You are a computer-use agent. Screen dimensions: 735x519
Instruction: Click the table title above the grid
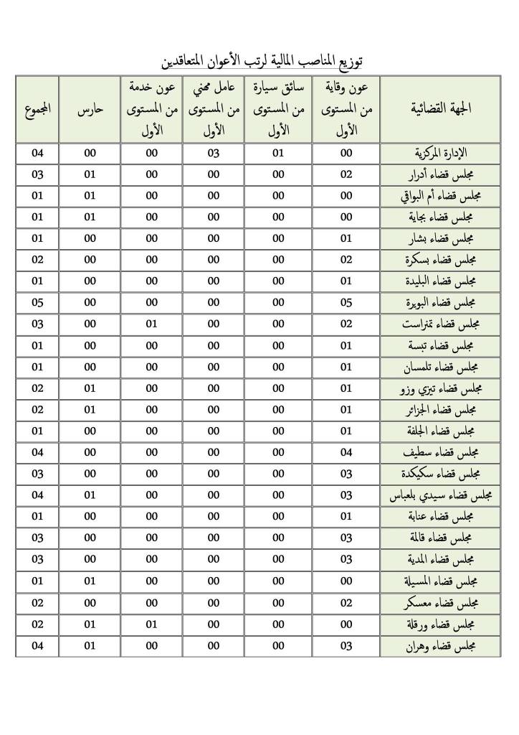(x=265, y=60)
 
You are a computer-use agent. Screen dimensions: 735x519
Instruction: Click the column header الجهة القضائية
(x=441, y=109)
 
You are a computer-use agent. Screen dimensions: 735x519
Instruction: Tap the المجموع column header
(x=37, y=109)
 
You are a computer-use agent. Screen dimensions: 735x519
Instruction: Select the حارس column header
(x=90, y=109)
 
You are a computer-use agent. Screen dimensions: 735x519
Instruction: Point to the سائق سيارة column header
(x=278, y=109)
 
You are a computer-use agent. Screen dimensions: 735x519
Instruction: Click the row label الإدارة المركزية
(x=442, y=153)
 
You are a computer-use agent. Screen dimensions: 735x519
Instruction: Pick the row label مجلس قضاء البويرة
(x=442, y=302)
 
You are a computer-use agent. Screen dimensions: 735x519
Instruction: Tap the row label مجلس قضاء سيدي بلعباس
(x=442, y=495)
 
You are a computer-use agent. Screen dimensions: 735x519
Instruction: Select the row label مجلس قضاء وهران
(x=442, y=646)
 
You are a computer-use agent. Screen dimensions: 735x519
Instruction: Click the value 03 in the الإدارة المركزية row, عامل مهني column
(x=214, y=153)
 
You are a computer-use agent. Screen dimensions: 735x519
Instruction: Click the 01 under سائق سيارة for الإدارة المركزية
(x=278, y=153)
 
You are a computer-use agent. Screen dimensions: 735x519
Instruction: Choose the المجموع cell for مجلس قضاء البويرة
(x=37, y=302)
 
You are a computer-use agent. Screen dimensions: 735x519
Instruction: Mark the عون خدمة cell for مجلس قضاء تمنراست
(x=152, y=324)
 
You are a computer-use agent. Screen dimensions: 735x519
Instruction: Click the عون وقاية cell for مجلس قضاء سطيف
(x=346, y=452)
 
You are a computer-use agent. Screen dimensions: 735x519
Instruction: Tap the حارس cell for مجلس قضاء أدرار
(x=90, y=174)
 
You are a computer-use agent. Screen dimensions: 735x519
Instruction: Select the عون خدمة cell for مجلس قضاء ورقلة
(x=152, y=624)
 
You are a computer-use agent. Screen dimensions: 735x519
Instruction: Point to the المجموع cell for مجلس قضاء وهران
(x=37, y=646)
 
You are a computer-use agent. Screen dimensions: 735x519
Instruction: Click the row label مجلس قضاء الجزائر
(x=442, y=410)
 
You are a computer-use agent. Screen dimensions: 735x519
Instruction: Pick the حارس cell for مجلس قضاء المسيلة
(x=90, y=581)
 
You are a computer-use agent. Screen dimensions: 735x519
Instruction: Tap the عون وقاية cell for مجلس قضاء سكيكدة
(x=346, y=474)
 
